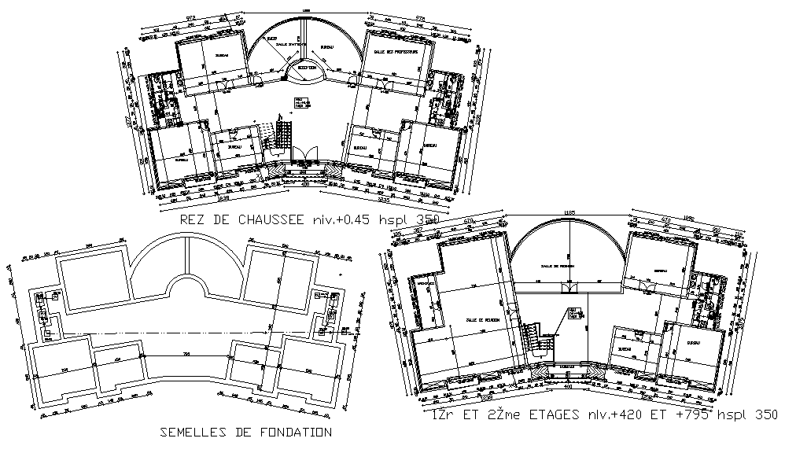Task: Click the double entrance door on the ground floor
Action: click(305, 153)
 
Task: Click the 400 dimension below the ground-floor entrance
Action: click(304, 186)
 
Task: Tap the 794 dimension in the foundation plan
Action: click(186, 353)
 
